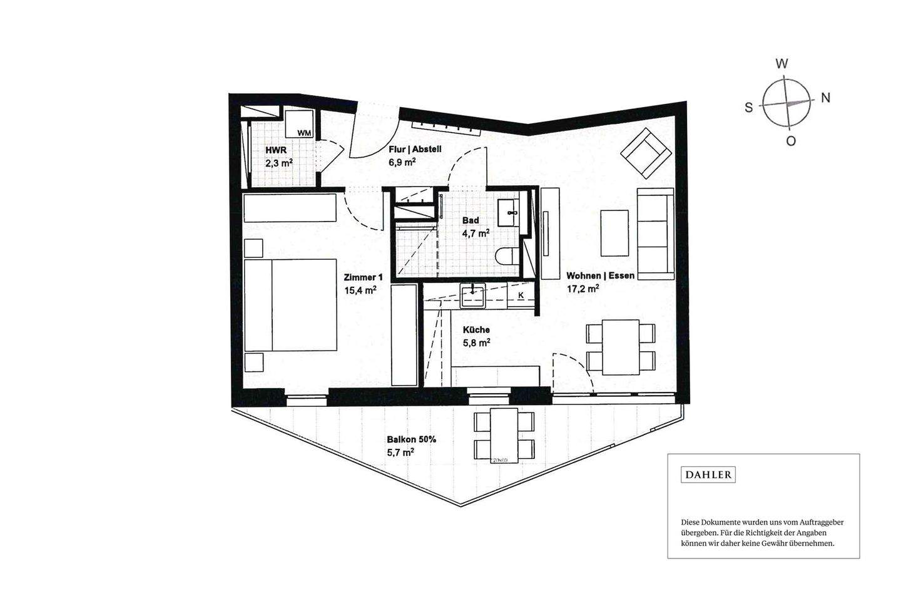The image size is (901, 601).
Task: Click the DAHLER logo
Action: click(708, 475)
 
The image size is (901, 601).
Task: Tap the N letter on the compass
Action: click(825, 98)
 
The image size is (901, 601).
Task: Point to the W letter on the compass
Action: click(781, 63)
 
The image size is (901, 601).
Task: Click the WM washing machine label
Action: click(304, 133)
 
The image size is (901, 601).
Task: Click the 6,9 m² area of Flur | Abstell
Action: click(402, 162)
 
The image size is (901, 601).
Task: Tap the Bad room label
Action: click(471, 220)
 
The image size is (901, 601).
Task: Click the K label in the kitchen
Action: click(521, 295)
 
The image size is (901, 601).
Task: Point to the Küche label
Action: click(476, 330)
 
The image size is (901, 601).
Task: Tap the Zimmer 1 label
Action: click(363, 277)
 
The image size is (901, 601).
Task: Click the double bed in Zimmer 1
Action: click(291, 305)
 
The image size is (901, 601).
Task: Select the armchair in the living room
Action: click(643, 152)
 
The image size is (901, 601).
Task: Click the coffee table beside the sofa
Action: click(614, 233)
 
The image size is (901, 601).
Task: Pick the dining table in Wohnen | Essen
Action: click(620, 347)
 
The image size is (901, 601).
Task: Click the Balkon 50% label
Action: click(411, 439)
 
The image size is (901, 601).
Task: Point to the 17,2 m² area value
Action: click(583, 289)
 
